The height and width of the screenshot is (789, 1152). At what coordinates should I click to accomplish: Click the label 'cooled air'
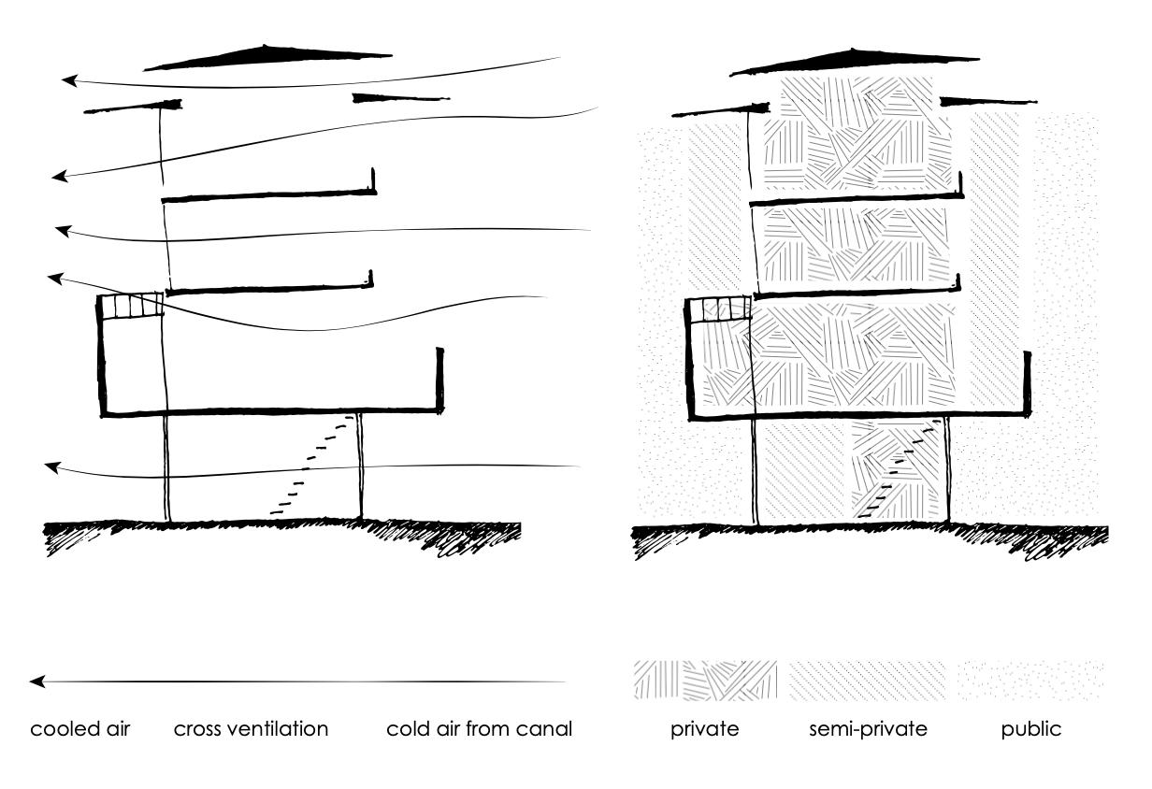point(80,729)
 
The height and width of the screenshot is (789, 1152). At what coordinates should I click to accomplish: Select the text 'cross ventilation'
point(251,729)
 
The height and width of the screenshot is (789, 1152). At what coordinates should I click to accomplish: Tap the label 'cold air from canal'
point(479,729)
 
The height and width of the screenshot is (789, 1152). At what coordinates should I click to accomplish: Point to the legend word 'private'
point(704,729)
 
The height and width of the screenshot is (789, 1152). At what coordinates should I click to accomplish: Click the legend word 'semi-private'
point(868,729)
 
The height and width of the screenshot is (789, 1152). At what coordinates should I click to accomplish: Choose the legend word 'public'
point(1031,729)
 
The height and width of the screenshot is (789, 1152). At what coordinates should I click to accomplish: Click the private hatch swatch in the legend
point(705,680)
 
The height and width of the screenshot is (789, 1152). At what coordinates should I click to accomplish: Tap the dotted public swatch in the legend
point(1030,680)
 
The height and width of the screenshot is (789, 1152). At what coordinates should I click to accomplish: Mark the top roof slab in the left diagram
point(268,58)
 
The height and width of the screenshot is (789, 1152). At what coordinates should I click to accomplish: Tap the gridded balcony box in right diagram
point(719,308)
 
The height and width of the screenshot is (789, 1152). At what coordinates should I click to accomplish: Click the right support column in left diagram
point(361,466)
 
